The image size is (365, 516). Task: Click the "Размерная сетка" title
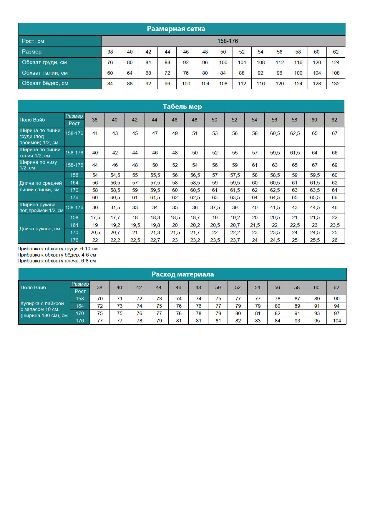coord(176,29)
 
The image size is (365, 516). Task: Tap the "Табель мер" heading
coord(182,106)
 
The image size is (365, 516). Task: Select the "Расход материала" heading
coord(182,274)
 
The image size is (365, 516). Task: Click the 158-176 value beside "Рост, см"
coord(228,41)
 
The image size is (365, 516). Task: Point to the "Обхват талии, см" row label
coord(45,73)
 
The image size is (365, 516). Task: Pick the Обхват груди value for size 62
coord(335,62)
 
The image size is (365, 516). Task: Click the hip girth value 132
coord(335,84)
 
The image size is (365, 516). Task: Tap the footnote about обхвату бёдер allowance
coord(57,255)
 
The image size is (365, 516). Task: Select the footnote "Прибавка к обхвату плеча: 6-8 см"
coord(57,261)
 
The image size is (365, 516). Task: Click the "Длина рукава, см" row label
coord(40,229)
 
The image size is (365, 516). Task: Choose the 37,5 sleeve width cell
coord(215,207)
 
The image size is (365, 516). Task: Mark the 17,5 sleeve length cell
coord(95,217)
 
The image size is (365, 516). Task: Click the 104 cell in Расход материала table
coord(337,321)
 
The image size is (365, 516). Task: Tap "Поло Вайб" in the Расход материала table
coord(33,287)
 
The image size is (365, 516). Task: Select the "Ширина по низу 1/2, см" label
coord(38,165)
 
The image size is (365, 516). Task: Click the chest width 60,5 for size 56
coord(275,133)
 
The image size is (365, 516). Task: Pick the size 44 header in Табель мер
coord(155,120)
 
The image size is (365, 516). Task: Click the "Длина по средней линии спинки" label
coord(41,186)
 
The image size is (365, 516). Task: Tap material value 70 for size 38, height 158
coord(100,299)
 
